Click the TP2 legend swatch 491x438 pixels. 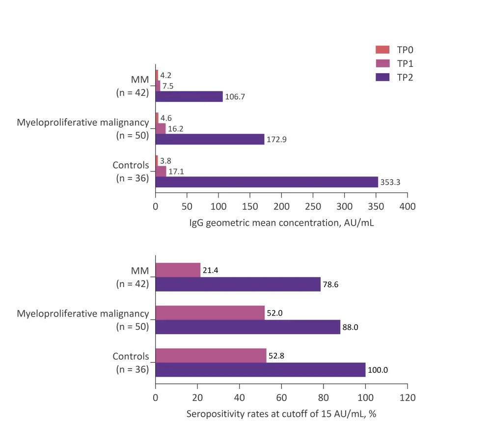coord(382,77)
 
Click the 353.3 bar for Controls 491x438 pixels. coord(267,182)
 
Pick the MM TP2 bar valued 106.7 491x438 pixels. coord(189,96)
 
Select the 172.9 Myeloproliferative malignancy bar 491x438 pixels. coord(210,139)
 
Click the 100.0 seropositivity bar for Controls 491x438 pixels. coord(260,370)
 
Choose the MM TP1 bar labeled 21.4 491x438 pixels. coord(178,270)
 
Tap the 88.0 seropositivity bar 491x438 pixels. coord(247,327)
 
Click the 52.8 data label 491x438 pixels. coord(276,356)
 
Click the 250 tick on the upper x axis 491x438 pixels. coord(313,206)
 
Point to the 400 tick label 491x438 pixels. coord(407,206)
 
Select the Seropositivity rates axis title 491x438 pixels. coord(281,414)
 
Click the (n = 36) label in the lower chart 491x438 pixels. coord(132,370)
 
